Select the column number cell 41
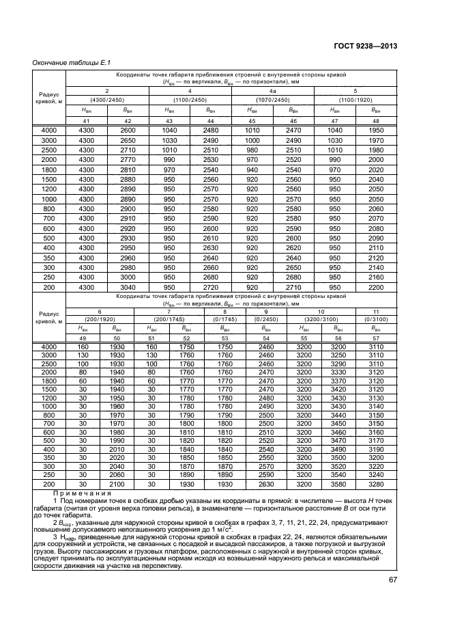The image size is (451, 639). (86, 121)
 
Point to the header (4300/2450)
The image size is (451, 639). (106, 100)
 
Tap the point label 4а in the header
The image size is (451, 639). (273, 91)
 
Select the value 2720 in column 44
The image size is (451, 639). (211, 288)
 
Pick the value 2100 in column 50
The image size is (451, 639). (117, 484)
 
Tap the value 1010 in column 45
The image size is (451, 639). (252, 130)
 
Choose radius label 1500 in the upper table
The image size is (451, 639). (49, 178)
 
